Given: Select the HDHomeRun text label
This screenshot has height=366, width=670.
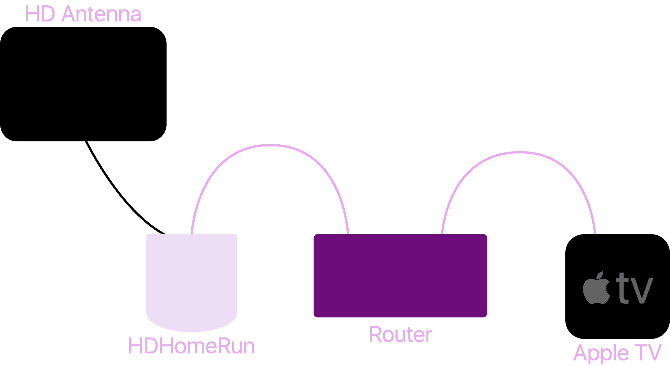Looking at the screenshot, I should [x=191, y=346].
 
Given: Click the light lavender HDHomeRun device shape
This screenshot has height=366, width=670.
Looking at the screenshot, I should [x=192, y=279].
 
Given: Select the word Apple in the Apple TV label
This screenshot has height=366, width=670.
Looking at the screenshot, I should [x=601, y=353].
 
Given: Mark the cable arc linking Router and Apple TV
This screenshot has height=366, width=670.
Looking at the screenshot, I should [x=519, y=152].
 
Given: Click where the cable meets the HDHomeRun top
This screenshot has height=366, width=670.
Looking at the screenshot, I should [x=192, y=233].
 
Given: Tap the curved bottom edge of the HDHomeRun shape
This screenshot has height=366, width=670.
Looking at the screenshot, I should [x=192, y=331].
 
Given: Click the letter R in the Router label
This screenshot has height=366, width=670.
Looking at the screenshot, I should [x=375, y=335].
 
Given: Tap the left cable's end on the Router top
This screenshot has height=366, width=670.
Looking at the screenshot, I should [x=348, y=233].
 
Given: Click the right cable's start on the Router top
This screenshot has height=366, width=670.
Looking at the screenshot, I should [x=442, y=233].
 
